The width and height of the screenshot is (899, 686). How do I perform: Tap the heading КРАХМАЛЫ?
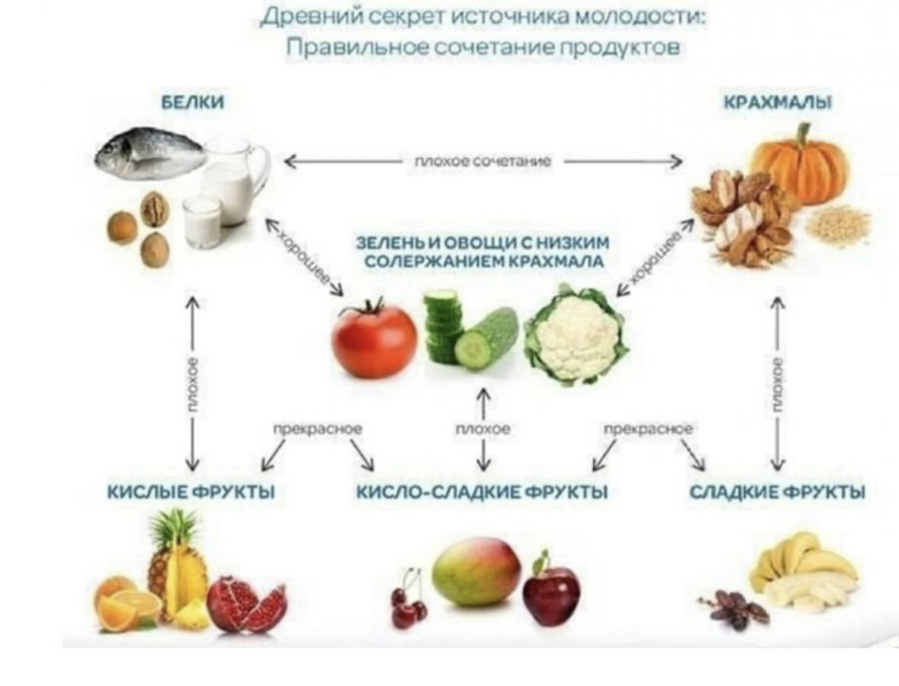(777, 102)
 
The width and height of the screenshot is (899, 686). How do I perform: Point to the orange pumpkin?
(799, 164)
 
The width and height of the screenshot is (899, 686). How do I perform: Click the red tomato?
(374, 340)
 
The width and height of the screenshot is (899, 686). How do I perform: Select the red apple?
(551, 592)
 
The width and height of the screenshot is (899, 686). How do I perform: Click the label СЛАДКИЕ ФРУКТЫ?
(777, 492)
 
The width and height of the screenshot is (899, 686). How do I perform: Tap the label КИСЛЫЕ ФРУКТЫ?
(191, 492)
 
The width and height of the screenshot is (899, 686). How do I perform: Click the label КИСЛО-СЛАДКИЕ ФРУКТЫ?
(482, 492)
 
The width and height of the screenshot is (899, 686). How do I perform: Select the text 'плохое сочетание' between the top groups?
(483, 161)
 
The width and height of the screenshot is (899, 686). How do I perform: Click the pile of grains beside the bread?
(837, 223)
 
